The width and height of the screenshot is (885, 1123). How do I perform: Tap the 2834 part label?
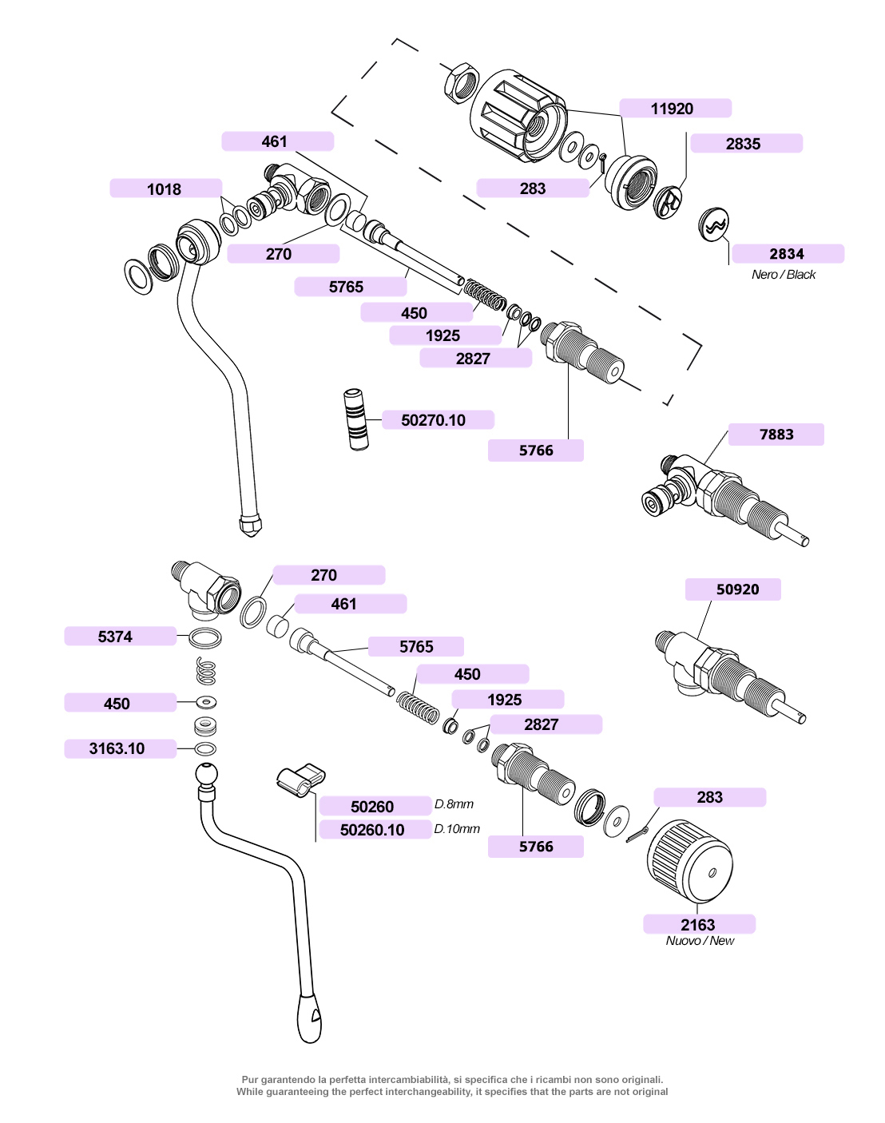[788, 254]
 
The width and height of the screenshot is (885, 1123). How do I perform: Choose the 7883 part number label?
[776, 435]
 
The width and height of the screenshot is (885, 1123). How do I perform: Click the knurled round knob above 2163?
[690, 862]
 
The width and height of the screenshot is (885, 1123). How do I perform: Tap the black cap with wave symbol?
[713, 225]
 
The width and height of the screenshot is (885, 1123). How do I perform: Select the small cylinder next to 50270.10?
[356, 419]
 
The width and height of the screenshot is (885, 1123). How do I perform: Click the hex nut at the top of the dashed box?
[462, 83]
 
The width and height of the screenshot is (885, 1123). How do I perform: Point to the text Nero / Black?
[784, 275]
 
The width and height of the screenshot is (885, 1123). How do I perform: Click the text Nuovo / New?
[700, 940]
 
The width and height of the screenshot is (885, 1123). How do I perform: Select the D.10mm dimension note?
[457, 829]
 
